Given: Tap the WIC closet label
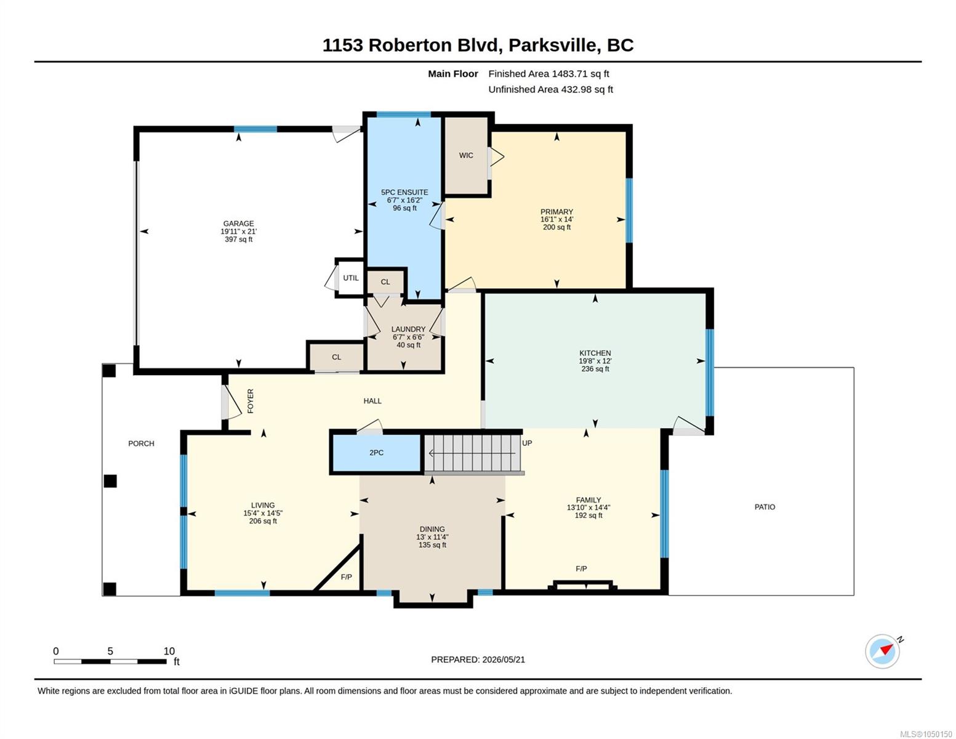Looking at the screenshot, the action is pos(466,155).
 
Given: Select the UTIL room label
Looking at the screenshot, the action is pos(351,278).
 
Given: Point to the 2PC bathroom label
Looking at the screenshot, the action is pos(376,453).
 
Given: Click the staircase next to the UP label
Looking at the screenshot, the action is pos(472,453).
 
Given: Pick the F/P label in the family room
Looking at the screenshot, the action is pos(581,568).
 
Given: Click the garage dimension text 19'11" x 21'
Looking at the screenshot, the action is pos(238,232).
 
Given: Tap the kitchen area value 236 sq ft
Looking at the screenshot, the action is pos(595,369).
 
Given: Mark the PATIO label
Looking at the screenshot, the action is pos(765,507).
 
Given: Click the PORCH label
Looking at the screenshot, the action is pos(141,443).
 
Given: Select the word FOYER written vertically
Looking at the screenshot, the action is pos(251,401).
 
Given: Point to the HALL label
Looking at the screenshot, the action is pos(372,401).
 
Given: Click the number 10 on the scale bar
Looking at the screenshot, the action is pos(169,651).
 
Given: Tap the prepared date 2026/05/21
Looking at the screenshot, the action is pos(504,660).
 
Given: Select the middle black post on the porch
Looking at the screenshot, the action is pos(110,481).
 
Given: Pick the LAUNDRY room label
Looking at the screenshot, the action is pos(408,329).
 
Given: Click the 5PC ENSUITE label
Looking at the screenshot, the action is pos(404,192).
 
